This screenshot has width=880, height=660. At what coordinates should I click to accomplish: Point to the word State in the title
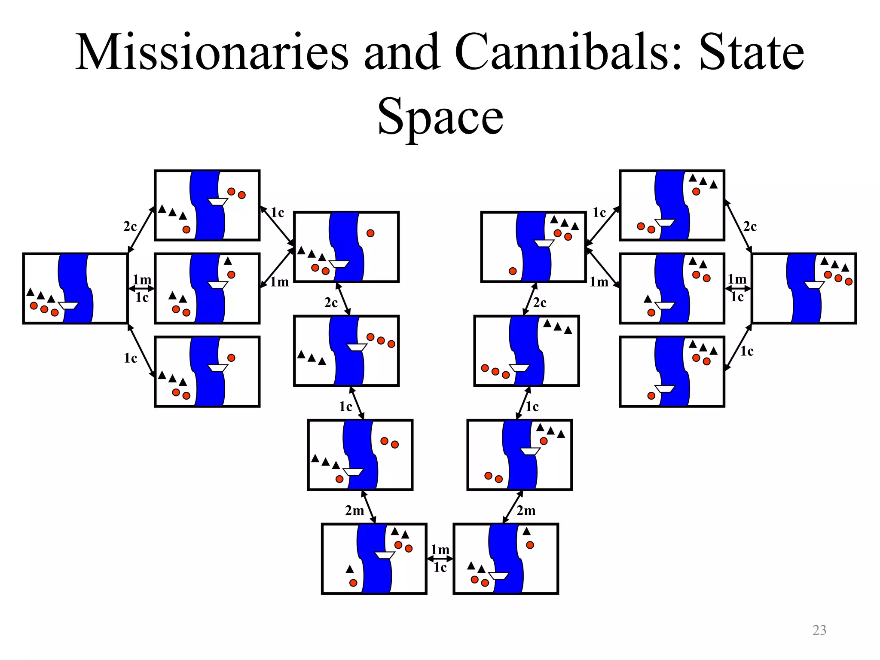click(x=752, y=52)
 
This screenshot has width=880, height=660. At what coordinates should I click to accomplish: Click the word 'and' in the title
click(x=402, y=52)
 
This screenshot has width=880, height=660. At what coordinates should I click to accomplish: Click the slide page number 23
click(x=819, y=630)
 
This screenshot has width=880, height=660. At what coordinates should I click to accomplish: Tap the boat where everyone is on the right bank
click(x=814, y=284)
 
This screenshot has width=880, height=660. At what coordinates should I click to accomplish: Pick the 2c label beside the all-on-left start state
click(x=130, y=226)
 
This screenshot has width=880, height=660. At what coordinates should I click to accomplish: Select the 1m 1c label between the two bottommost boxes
click(x=440, y=559)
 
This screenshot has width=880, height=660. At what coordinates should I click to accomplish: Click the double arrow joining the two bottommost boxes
click(x=440, y=559)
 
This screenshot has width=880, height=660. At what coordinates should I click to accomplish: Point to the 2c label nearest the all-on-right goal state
click(x=750, y=226)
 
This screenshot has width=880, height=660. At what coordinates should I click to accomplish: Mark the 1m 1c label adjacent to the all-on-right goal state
click(x=737, y=288)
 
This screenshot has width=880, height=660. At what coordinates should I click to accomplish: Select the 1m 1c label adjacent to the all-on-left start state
click(x=142, y=288)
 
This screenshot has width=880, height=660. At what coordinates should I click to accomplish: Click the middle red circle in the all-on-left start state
click(x=44, y=309)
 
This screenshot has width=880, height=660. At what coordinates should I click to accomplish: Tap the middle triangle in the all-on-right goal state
click(x=834, y=264)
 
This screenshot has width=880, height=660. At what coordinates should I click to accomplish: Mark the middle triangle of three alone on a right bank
click(x=557, y=327)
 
